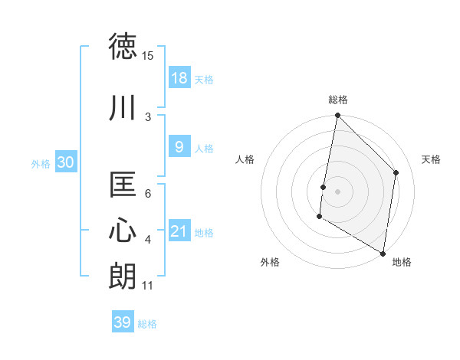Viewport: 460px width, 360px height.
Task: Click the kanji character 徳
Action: (124, 47)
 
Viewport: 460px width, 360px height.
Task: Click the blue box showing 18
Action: (179, 79)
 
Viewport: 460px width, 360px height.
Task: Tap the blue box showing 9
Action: (179, 148)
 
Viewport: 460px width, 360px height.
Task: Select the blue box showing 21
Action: (179, 232)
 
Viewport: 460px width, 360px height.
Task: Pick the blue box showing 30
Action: (65, 163)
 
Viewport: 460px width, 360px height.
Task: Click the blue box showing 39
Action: (123, 322)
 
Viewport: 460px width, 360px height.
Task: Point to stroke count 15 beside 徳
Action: (148, 56)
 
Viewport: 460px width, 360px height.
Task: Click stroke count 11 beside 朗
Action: (148, 286)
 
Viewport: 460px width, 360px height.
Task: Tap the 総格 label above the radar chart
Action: (338, 100)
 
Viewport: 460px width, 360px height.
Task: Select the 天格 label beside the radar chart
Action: (431, 159)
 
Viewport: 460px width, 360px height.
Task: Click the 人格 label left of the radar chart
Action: (245, 159)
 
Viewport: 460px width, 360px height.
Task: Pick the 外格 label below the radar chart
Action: (270, 262)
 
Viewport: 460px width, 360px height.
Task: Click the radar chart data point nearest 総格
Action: (337, 116)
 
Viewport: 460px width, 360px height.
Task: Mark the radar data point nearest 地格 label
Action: (383, 253)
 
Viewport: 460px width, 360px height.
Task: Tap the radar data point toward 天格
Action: (396, 172)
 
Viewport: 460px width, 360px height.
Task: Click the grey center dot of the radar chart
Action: (337, 191)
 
